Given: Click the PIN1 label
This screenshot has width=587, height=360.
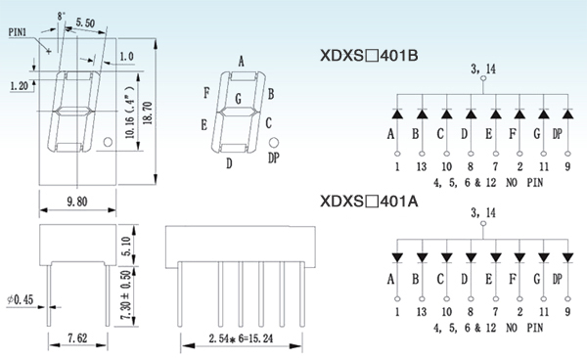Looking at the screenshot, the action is pyautogui.click(x=18, y=32).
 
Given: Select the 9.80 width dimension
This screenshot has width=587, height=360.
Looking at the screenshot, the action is pyautogui.click(x=77, y=202).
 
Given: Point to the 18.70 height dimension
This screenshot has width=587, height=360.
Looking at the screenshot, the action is pyautogui.click(x=148, y=112).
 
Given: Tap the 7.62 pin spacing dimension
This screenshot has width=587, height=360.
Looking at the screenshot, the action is pyautogui.click(x=77, y=338).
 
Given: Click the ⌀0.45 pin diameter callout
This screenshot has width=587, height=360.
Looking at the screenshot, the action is pyautogui.click(x=21, y=299).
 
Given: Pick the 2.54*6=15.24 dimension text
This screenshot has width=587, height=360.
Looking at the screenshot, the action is pyautogui.click(x=241, y=338).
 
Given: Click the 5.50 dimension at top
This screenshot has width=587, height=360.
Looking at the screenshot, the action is pyautogui.click(x=85, y=22).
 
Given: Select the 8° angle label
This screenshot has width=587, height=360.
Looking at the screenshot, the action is pyautogui.click(x=62, y=16).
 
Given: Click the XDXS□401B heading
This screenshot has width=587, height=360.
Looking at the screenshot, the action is pyautogui.click(x=369, y=56).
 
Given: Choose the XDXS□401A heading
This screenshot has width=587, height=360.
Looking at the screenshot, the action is pyautogui.click(x=369, y=202).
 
